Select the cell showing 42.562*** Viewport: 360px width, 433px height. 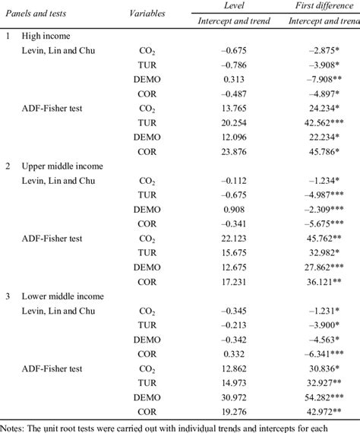[327, 122]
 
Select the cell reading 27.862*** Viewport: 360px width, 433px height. [327, 267]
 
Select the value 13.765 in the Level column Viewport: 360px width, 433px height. [249, 107]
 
